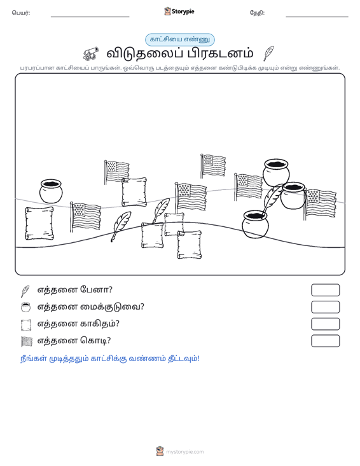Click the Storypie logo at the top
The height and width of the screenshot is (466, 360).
pos(179,11)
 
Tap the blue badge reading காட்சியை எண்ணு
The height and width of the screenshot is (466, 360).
pos(179,39)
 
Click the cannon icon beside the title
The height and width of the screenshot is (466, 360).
pos(90,53)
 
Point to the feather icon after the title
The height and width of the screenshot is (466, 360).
pos(268,53)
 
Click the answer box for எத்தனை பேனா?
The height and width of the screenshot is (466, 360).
pos(325,290)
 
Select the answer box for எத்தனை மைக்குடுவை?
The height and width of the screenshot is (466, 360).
pos(325,307)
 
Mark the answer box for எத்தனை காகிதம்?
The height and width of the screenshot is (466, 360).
pos(325,324)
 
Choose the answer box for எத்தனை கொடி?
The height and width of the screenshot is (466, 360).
pos(325,341)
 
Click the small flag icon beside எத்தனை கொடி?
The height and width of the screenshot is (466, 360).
pos(26,341)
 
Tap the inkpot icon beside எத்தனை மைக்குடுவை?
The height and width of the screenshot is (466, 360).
pos(26,307)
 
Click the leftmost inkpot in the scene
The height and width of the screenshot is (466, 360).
pos(51,191)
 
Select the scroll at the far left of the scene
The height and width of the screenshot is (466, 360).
pos(39,223)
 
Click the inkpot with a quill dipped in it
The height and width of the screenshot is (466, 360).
pos(255,224)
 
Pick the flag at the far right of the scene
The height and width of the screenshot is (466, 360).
pos(320,203)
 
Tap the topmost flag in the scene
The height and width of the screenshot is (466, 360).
pos(213,165)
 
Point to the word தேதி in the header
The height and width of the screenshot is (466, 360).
pos(257,13)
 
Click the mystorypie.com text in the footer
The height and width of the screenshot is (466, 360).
pos(185,452)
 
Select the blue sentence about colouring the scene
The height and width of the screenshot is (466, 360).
pos(109,359)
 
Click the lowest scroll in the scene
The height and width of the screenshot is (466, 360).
pos(190,245)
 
